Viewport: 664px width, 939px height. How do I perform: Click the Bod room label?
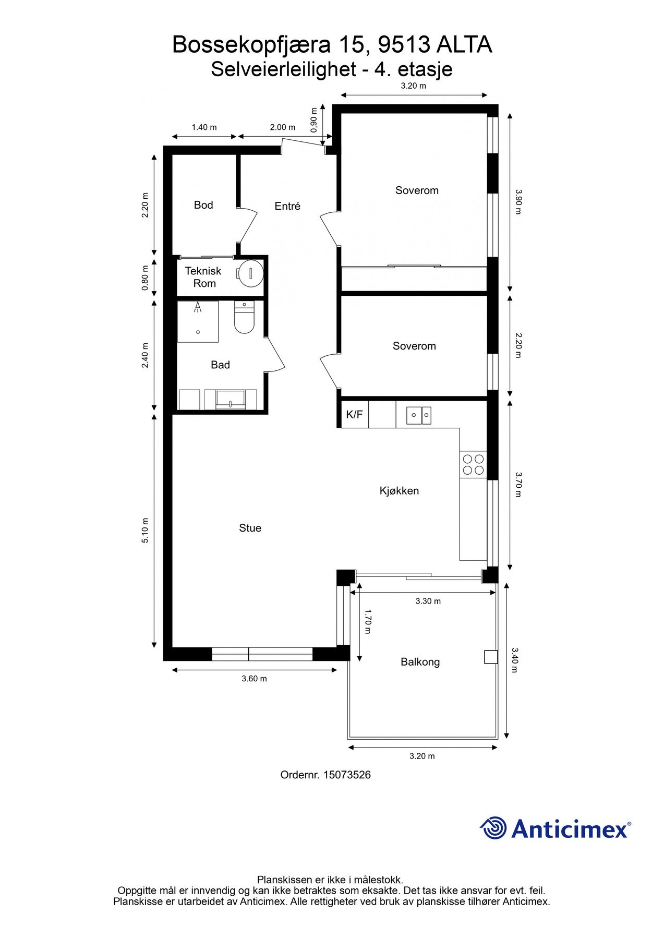click(x=203, y=205)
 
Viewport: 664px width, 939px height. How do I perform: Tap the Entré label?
click(x=287, y=206)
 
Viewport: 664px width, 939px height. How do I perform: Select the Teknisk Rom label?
click(x=203, y=277)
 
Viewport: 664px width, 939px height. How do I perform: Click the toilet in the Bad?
click(x=244, y=318)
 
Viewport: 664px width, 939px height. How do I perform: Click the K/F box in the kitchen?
click(x=354, y=415)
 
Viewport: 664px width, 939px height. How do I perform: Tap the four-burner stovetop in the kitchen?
click(x=473, y=464)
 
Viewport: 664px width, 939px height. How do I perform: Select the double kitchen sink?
click(x=419, y=415)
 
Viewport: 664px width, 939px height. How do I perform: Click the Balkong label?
click(x=420, y=662)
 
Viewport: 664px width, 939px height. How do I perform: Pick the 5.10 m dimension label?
click(x=145, y=530)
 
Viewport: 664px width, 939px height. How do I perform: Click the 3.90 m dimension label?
click(x=517, y=201)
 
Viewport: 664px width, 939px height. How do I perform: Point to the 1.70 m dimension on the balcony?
click(x=367, y=622)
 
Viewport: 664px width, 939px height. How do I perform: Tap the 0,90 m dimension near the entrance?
click(x=313, y=120)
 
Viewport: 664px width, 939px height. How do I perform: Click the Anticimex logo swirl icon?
click(x=493, y=828)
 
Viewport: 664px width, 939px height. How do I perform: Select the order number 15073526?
click(x=347, y=775)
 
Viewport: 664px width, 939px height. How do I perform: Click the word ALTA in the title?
click(x=464, y=45)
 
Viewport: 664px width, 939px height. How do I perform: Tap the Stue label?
click(x=250, y=528)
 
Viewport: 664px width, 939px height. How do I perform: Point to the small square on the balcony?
click(x=490, y=657)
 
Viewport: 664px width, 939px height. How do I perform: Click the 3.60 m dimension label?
click(x=254, y=679)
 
